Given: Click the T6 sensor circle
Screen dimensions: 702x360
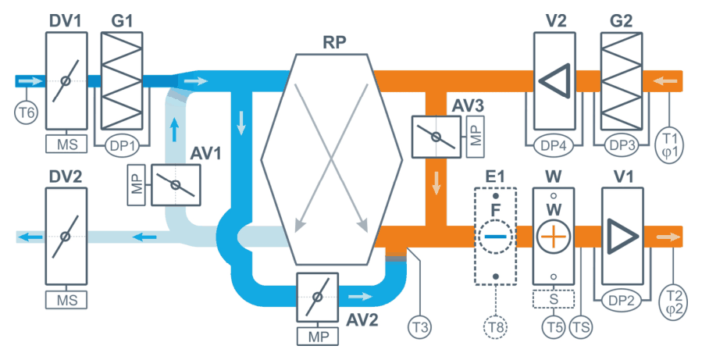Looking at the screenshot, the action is [x=26, y=112].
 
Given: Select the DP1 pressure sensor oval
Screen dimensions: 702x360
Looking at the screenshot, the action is [x=123, y=146].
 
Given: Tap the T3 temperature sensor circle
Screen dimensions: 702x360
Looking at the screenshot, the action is [x=419, y=327].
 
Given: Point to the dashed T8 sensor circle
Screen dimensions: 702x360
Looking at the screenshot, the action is [x=496, y=327].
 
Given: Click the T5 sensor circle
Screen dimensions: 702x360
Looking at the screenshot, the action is [x=554, y=327].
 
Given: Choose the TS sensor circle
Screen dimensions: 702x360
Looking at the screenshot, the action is [x=581, y=327].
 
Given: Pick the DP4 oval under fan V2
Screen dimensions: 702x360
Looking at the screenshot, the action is [x=554, y=145].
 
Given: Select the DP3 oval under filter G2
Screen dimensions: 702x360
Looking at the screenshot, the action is [x=622, y=145].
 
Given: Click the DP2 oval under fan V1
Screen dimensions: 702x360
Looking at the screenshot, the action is [x=622, y=301].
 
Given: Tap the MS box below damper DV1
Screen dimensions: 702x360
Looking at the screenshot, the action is [x=66, y=144].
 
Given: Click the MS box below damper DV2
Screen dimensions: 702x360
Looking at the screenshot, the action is [x=66, y=300].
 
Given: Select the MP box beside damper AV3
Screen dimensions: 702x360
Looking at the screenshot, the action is [x=476, y=136].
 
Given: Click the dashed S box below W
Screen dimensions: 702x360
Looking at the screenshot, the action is [x=554, y=298].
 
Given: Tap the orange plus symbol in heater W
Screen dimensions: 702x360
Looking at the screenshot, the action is [x=554, y=236].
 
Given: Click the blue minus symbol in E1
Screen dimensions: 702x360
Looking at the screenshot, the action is [x=496, y=237].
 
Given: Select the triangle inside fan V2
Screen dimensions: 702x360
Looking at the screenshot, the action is [x=555, y=81].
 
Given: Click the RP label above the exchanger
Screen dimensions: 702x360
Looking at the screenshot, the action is [x=334, y=42].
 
